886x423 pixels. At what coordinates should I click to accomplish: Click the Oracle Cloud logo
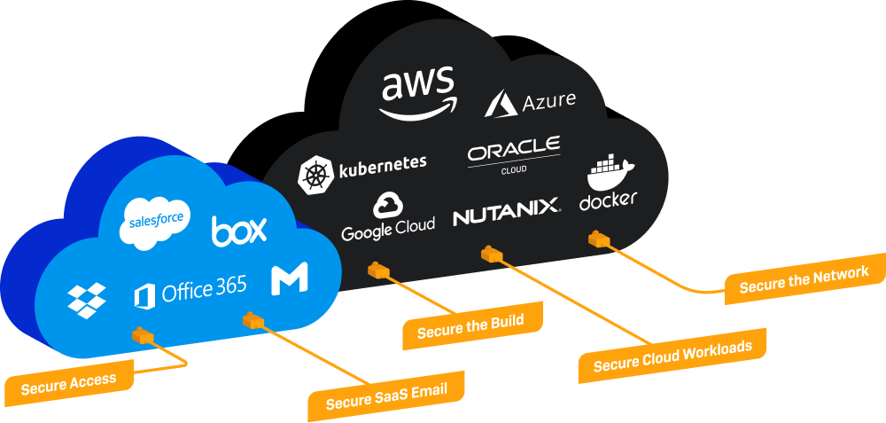pos(514,154)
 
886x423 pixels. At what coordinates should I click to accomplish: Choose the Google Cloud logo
pos(388,215)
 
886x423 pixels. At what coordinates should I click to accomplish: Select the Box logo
pos(239,231)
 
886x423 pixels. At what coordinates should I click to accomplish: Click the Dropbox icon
pos(87,300)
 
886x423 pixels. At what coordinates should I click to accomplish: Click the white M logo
pos(290,280)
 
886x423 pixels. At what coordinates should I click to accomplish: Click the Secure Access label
pos(69,382)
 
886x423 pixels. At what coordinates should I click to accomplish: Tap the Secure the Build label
pos(470,326)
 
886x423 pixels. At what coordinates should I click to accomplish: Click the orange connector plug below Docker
pos(600,239)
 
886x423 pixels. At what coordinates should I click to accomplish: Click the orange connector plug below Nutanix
pos(492,255)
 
